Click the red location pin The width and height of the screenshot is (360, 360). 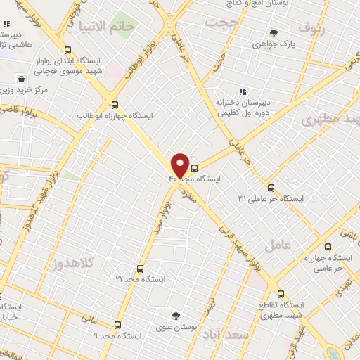(x=180, y=166)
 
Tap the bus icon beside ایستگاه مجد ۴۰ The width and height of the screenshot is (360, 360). (x=195, y=167)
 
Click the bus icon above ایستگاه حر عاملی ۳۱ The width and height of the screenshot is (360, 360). (x=271, y=187)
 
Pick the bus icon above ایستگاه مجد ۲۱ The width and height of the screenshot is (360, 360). (x=140, y=269)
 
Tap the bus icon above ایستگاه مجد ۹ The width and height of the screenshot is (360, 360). (x=117, y=325)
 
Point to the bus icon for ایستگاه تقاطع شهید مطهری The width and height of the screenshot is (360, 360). (x=281, y=295)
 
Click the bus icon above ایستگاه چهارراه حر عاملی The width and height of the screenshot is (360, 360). (x=328, y=247)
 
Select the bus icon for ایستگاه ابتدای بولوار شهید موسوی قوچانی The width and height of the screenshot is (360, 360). (x=67, y=51)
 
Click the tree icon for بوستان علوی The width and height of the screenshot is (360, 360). (x=176, y=316)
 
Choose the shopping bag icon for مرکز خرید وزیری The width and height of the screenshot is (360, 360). (x=22, y=79)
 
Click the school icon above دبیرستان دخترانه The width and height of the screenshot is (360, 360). (x=243, y=91)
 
